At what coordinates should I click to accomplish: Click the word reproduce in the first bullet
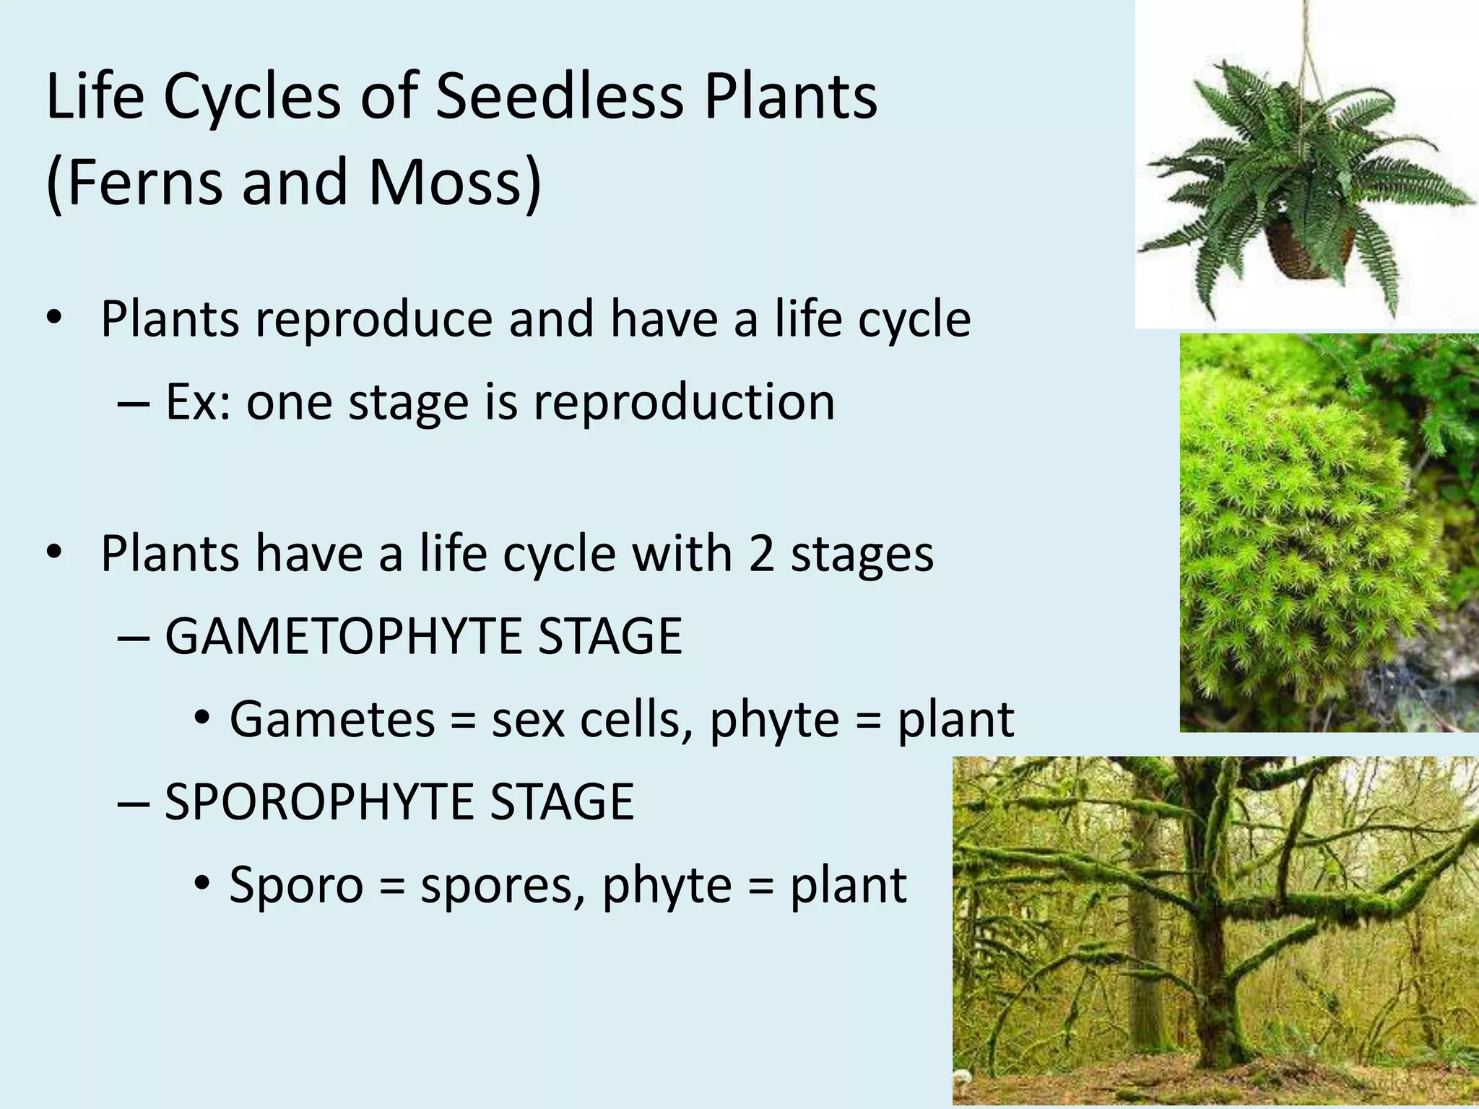tap(373, 318)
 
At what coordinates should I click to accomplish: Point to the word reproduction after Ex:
tap(684, 401)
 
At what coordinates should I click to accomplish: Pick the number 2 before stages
tap(761, 554)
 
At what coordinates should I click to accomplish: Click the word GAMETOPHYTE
tap(340, 636)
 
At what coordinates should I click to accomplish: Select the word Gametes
tap(332, 719)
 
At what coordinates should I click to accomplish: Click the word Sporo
tap(295, 884)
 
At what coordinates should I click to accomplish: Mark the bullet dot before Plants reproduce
tap(53, 318)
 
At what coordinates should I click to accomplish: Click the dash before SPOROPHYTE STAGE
tap(133, 801)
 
